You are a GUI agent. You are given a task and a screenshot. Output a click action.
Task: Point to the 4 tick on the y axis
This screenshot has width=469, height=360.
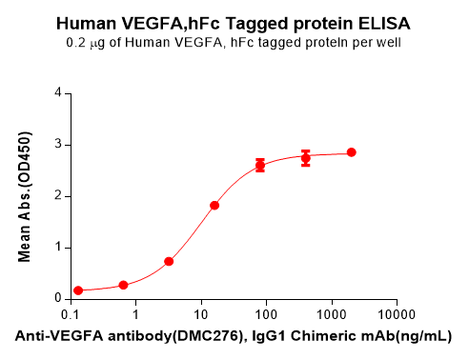coord(59,93)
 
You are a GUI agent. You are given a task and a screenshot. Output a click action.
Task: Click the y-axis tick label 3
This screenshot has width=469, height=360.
coord(59,145)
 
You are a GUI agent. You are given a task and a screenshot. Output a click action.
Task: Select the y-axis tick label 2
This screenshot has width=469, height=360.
coord(59,196)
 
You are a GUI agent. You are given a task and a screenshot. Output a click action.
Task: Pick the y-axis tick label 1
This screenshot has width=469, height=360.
coord(59,248)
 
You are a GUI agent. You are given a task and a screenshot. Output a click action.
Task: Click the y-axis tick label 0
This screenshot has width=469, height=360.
coord(59,298)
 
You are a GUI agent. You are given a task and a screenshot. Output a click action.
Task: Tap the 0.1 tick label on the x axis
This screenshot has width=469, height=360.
coord(71,314)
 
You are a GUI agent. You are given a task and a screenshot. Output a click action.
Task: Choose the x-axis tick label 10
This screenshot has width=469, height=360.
coord(200,314)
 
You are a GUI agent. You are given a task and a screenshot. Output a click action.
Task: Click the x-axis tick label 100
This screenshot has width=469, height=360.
coord(266,314)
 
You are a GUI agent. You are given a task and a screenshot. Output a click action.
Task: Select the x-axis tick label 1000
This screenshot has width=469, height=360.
coord(331,314)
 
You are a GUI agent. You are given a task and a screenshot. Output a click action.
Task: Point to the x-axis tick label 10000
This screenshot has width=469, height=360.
coord(396,314)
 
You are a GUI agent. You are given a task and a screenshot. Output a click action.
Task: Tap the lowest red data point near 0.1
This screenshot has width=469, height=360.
coord(78,290)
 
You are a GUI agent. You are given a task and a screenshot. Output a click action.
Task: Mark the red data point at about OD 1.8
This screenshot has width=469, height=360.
coord(214,205)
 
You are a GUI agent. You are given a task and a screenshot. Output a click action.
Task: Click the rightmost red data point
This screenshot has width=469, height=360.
coord(351,152)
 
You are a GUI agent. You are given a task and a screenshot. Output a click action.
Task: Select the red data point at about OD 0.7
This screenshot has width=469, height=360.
coord(169,261)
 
